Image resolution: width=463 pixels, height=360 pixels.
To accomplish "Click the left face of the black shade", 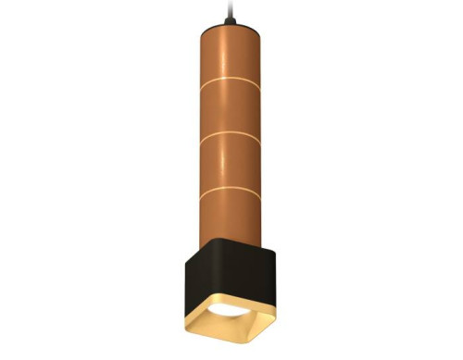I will (x=200, y=282).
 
